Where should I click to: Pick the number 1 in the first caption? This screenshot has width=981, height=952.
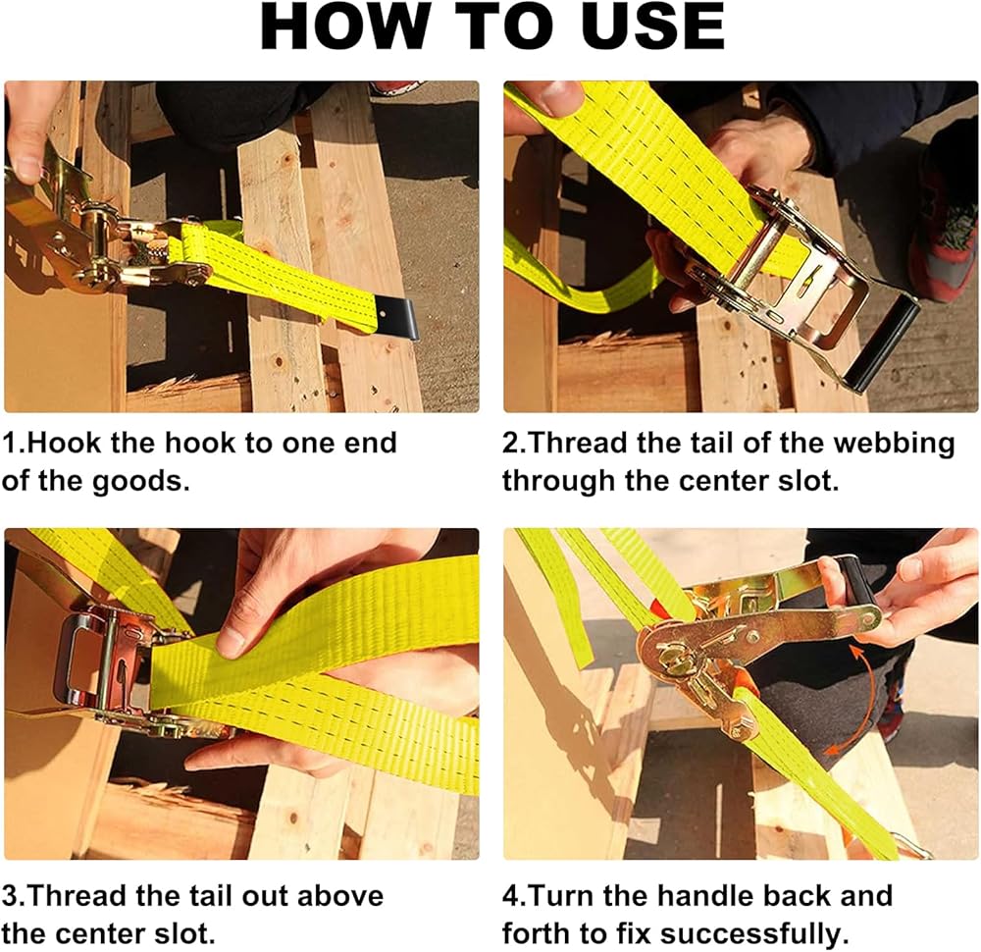pyautogui.click(x=11, y=444)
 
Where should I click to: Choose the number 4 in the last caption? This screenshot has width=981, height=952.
pyautogui.click(x=511, y=896)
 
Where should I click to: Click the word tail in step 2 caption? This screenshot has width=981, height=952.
pyautogui.click(x=711, y=444)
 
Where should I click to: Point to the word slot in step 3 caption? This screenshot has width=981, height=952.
pyautogui.click(x=182, y=934)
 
